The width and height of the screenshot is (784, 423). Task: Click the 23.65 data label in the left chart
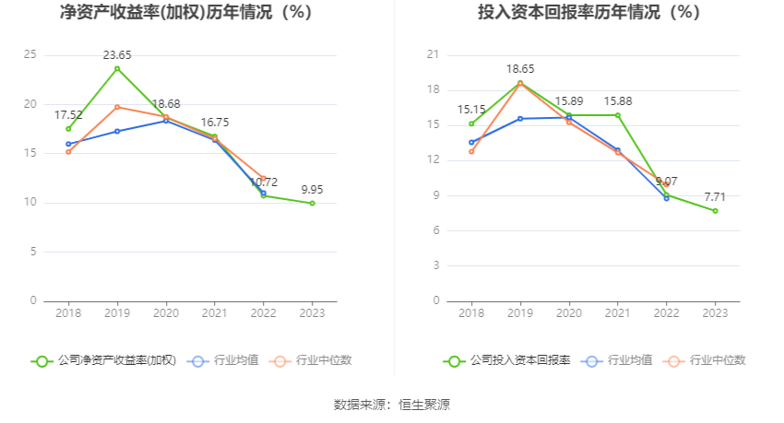[x=117, y=55]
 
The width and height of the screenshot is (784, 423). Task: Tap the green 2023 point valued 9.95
[x=312, y=203]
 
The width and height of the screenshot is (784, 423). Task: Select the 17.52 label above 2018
[x=68, y=115]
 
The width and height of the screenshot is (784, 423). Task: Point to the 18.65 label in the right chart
[x=520, y=69]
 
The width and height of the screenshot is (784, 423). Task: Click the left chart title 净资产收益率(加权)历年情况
[x=185, y=13]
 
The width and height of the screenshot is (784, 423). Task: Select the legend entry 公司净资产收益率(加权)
[x=104, y=361]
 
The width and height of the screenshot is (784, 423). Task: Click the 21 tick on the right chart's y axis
[x=434, y=55]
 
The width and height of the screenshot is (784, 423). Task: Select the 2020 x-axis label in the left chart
[x=166, y=313]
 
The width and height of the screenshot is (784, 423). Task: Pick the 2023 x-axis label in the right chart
[x=715, y=313]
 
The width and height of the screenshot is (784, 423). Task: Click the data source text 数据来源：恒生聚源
[x=392, y=405]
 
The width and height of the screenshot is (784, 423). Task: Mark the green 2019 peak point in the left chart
[x=117, y=68]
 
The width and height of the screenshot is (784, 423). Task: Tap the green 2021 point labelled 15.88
[x=618, y=115]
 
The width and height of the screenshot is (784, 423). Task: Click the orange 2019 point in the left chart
[x=117, y=107]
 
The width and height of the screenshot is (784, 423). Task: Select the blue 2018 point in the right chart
[x=471, y=143]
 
